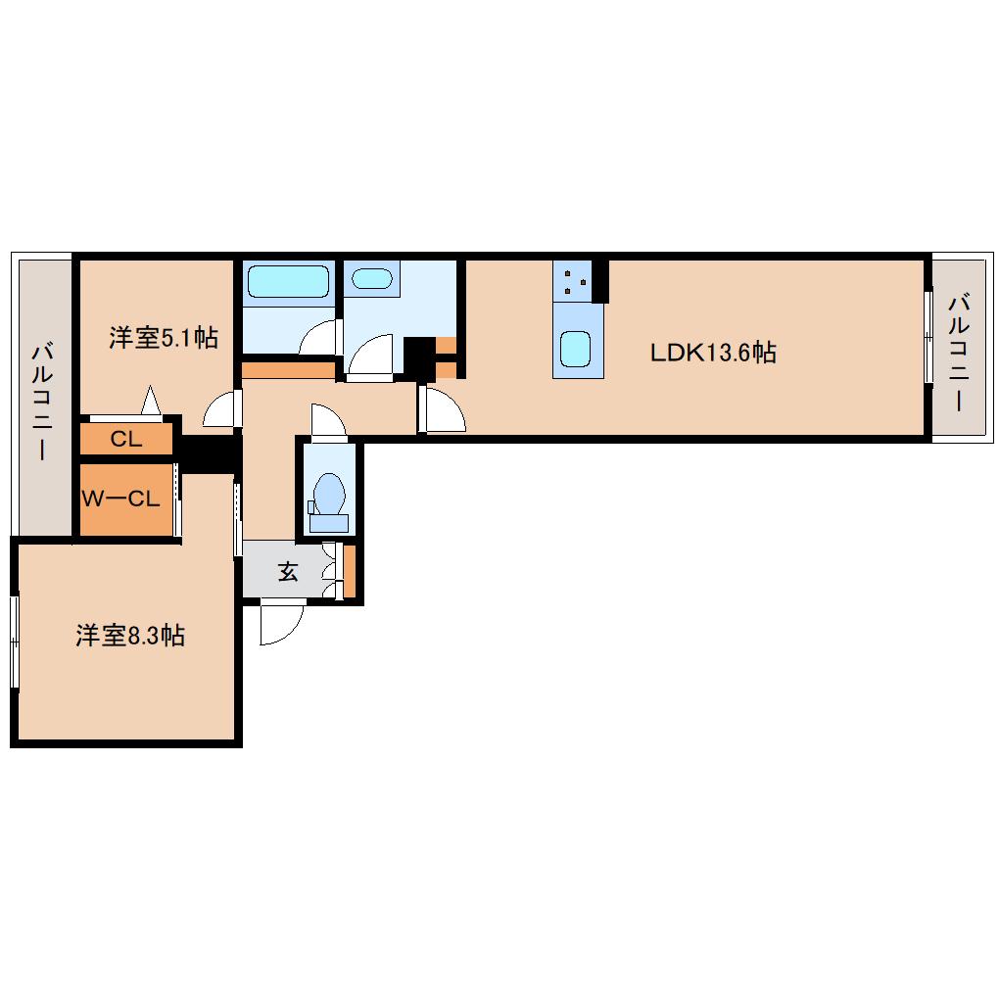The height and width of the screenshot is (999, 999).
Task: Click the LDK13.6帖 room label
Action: click(x=713, y=353)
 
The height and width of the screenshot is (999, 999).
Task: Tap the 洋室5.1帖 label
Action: click(x=164, y=337)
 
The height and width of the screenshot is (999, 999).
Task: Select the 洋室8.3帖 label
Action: click(x=130, y=636)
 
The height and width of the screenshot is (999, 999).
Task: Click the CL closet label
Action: click(x=126, y=439)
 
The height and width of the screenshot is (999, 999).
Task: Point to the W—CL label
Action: click(x=121, y=499)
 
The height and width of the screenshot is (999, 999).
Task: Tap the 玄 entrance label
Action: click(x=288, y=572)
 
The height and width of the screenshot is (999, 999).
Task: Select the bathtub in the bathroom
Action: click(x=288, y=281)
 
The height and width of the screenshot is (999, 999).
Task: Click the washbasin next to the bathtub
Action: click(x=372, y=278)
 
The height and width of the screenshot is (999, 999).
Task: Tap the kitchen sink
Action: click(x=575, y=349)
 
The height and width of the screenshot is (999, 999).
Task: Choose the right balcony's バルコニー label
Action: click(x=959, y=353)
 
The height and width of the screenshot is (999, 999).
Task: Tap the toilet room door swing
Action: click(x=328, y=420)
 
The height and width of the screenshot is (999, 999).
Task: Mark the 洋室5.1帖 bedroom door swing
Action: click(x=222, y=408)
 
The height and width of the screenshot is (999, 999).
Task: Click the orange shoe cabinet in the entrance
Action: click(x=349, y=572)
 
